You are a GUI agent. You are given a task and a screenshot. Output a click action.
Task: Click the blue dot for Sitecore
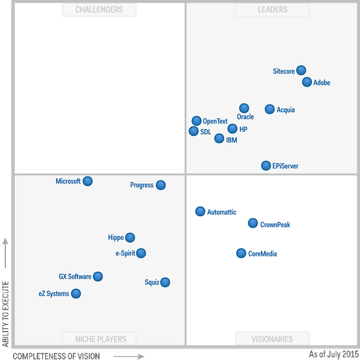point(301,70)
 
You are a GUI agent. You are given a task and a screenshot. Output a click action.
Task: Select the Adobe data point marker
point(307,82)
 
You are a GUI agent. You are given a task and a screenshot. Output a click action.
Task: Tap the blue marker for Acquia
point(269,109)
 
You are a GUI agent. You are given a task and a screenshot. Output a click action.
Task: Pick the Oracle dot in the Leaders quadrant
point(244,108)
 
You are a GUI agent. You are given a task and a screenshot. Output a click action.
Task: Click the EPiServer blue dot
point(266,166)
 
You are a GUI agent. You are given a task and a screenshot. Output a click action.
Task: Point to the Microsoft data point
point(88,181)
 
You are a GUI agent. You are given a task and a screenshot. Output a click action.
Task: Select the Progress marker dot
point(160,185)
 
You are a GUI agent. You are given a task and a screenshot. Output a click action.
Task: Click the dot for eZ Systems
point(76,294)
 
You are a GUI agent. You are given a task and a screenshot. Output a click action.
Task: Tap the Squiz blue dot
point(165,282)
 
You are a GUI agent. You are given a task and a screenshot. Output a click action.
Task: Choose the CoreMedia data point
point(241,253)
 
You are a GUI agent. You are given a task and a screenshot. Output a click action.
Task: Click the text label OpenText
point(215,121)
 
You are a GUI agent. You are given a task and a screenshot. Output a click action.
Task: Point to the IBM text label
point(232,140)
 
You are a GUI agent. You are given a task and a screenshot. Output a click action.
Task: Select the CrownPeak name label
point(275,225)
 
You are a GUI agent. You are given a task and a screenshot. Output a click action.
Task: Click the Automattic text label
point(222,213)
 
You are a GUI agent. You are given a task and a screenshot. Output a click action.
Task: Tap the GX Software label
point(75,277)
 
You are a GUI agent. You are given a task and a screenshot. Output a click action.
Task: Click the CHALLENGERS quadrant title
point(99,9)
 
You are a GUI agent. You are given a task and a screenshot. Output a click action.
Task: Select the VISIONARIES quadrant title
point(272,339)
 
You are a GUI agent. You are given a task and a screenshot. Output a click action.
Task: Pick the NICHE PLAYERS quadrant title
point(99,339)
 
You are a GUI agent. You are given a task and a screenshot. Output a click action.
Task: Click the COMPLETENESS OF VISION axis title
point(56,356)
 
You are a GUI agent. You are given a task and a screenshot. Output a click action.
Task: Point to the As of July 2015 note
point(334,354)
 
